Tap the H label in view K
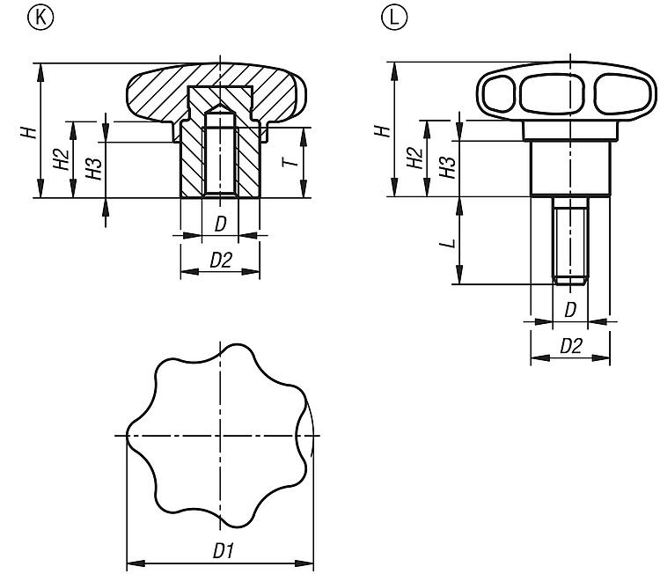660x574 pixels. [30, 132]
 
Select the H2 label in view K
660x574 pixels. [61, 159]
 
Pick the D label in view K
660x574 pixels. [220, 224]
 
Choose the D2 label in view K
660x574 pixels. [220, 260]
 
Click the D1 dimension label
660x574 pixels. [222, 551]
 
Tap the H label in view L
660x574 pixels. [382, 130]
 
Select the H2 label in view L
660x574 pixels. [413, 158]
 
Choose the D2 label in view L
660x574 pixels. [570, 346]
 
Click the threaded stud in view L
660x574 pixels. [570, 238]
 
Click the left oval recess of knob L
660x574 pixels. [500, 92]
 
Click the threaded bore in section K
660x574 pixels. [220, 158]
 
